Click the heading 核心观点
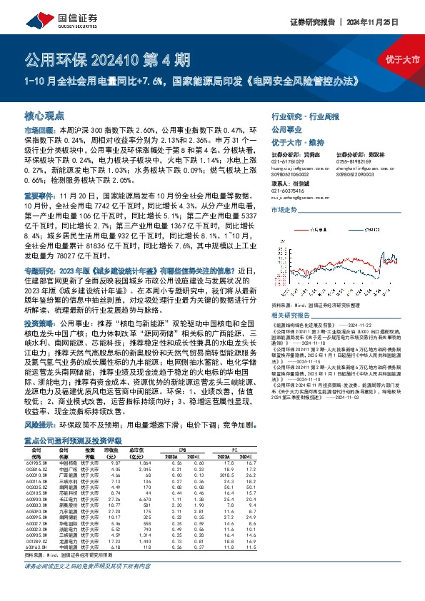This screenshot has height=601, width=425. click(x=45, y=115)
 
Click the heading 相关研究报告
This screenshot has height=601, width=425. click(x=294, y=294)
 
